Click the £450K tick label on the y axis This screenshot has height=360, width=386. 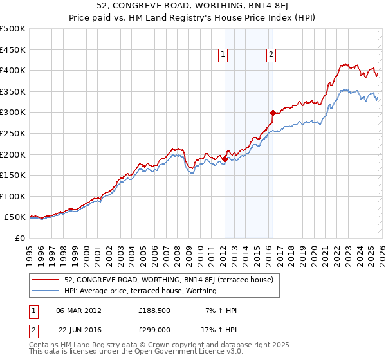[13, 50]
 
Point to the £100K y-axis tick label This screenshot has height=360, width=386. [13, 196]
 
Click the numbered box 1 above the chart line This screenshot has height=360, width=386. [223, 55]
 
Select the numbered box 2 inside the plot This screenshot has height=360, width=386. [271, 55]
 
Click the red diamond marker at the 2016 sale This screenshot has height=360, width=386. [273, 113]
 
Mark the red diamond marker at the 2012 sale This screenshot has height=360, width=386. [224, 159]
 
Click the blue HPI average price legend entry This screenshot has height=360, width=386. [140, 291]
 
